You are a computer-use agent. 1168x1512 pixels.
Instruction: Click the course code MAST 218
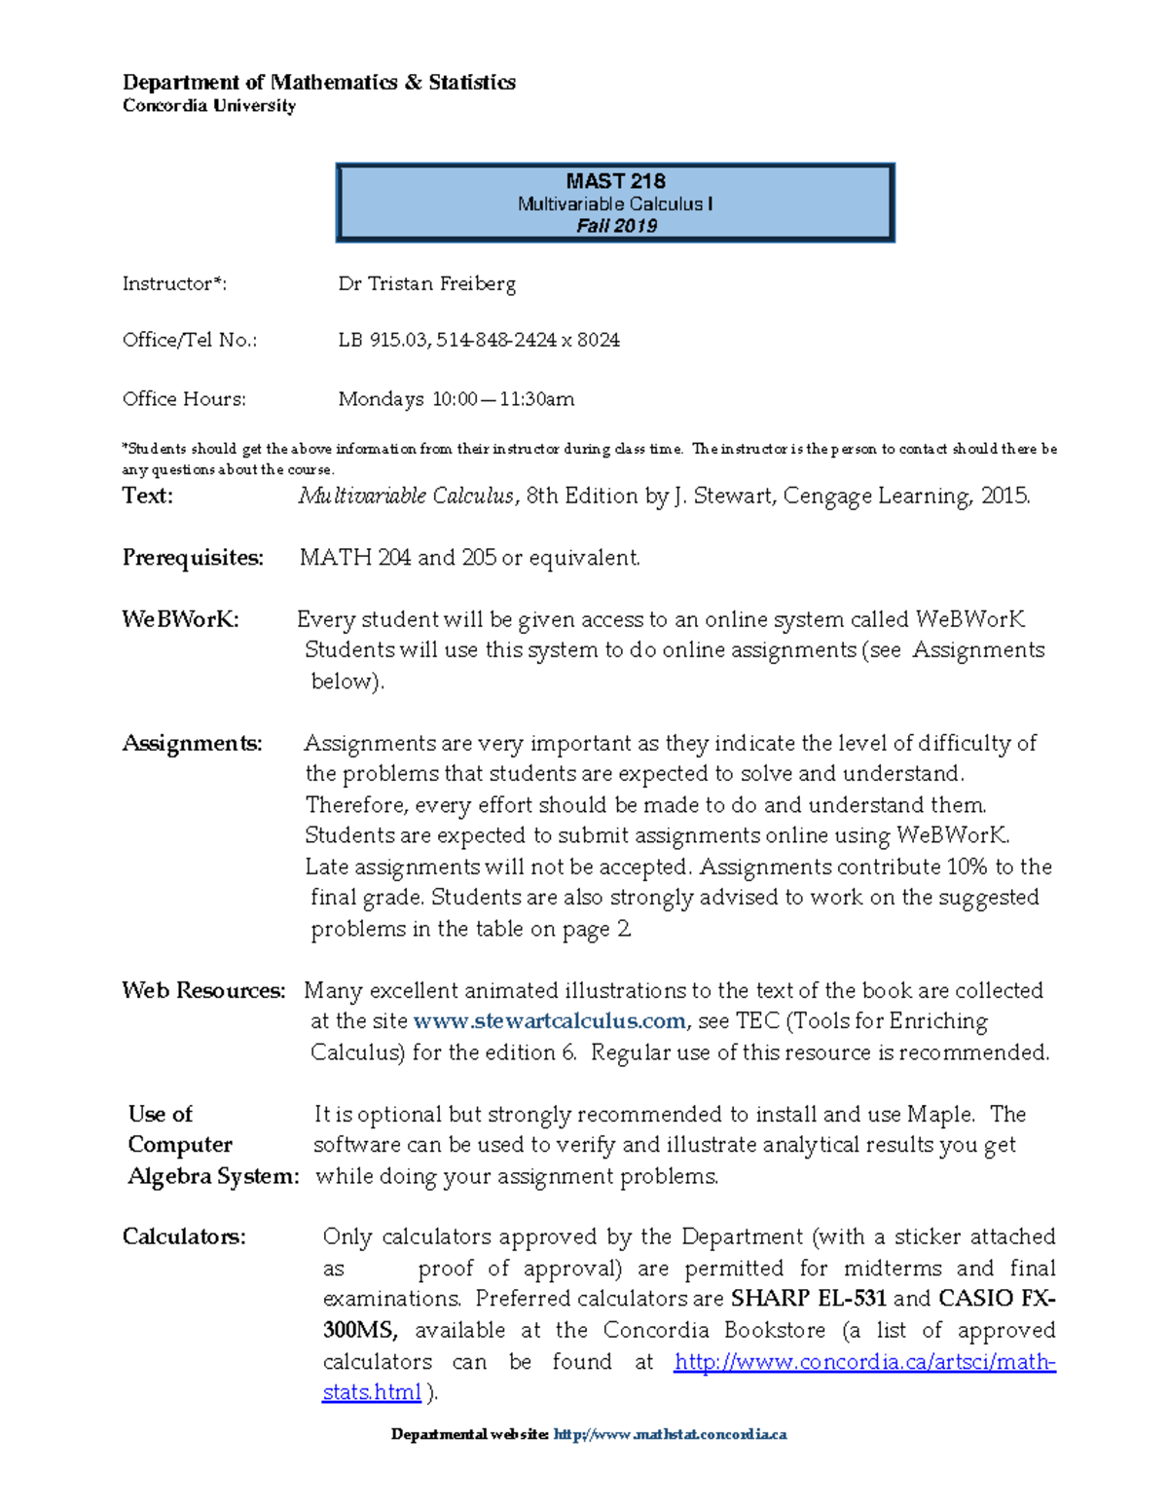615,181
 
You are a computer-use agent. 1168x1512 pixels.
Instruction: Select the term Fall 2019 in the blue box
616,226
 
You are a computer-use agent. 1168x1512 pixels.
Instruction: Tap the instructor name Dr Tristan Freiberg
426,284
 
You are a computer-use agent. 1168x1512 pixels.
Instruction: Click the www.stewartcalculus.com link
550,1021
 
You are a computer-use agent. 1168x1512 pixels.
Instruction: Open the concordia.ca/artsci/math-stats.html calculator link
864,1362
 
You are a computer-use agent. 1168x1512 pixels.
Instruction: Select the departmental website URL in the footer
670,1434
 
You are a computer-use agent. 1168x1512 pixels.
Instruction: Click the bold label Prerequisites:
193,558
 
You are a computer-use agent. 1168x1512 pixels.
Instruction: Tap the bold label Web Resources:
203,991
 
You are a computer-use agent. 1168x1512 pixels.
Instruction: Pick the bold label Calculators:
184,1237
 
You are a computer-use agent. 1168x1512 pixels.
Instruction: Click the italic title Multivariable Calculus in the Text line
406,497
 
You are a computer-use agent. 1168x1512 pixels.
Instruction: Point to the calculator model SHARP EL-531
808,1299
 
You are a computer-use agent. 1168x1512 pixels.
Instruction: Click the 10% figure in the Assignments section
967,867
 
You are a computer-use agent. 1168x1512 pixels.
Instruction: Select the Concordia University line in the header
208,106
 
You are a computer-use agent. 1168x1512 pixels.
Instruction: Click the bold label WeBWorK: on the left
180,620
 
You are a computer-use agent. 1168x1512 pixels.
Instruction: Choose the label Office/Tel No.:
190,340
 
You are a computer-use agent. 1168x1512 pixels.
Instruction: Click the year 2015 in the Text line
1004,497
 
